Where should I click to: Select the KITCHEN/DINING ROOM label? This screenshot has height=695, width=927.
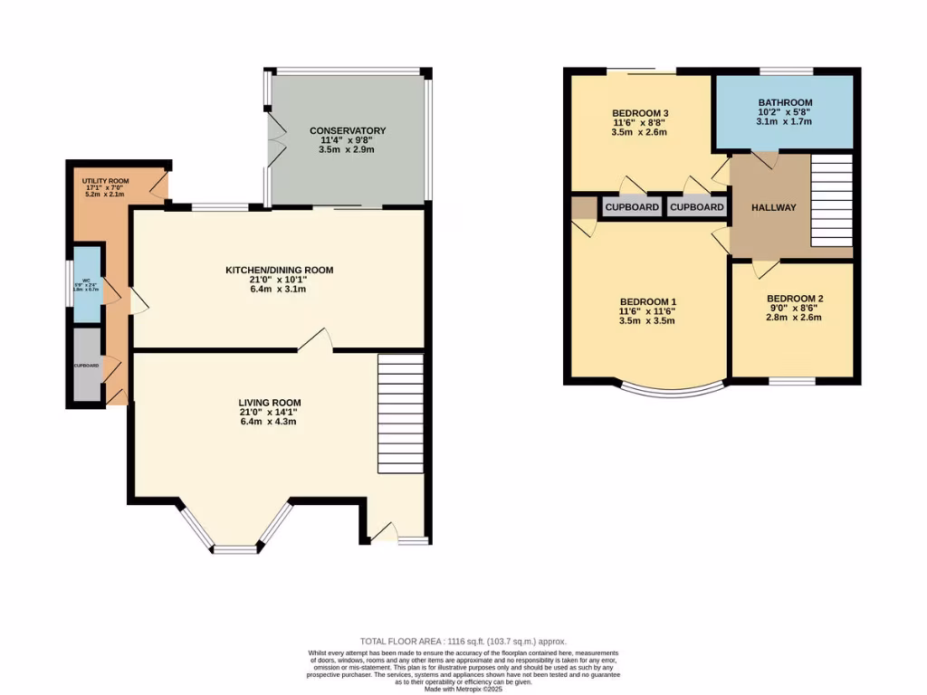280,270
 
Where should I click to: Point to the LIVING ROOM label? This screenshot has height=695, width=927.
270,403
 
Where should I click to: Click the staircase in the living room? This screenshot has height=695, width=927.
400,413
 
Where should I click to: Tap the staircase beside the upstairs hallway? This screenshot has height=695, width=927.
831,200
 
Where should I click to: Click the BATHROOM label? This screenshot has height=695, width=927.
785,103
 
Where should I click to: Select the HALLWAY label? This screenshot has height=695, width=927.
774,208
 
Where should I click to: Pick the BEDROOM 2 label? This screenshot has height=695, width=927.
795,299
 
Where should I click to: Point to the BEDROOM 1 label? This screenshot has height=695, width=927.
647,301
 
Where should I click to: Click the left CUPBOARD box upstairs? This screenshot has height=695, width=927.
632,207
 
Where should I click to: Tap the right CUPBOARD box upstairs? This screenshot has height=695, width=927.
696,207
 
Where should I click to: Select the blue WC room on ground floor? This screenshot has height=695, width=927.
87,284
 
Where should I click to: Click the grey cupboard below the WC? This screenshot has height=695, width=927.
87,365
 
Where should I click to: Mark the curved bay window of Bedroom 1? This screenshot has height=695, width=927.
672,391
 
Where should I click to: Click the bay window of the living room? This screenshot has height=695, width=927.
236,534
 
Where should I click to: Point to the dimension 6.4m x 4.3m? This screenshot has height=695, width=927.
269,422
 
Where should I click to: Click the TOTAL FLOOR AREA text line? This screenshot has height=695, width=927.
463,641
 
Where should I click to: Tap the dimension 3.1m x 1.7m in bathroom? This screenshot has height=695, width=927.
785,122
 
